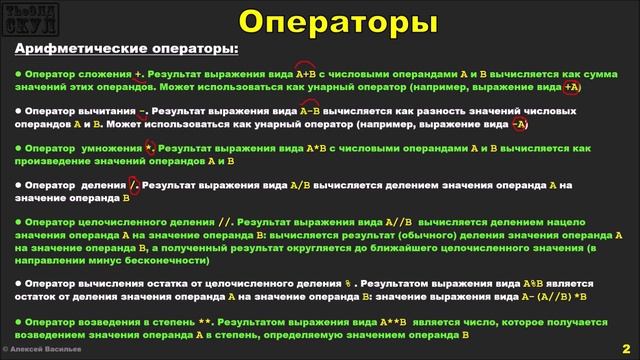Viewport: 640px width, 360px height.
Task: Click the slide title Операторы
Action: point(320,21)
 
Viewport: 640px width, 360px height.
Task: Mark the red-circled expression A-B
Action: point(298,111)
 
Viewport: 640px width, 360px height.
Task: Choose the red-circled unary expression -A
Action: point(519,125)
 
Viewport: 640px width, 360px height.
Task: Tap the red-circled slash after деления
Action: point(134,185)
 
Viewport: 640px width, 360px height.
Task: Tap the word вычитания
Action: point(109,111)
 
